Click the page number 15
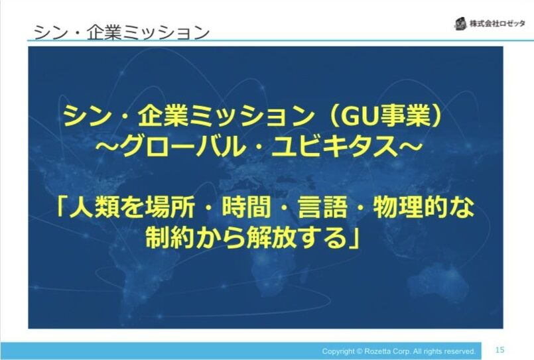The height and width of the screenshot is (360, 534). pyautogui.click(x=500, y=349)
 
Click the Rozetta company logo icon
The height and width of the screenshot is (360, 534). pyautogui.click(x=460, y=23)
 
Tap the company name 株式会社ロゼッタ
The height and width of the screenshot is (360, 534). pyautogui.click(x=498, y=24)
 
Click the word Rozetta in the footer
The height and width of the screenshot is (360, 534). pyautogui.click(x=375, y=351)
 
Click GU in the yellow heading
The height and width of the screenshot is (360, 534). pyautogui.click(x=353, y=116)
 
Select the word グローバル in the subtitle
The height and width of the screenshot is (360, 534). pyautogui.click(x=187, y=147)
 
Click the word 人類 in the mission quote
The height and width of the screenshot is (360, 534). pyautogui.click(x=93, y=208)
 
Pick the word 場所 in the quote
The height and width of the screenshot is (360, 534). pyautogui.click(x=169, y=208)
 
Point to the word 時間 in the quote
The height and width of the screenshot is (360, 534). pyautogui.click(x=245, y=208)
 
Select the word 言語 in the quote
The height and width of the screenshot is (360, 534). pyautogui.click(x=322, y=208)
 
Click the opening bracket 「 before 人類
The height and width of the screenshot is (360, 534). pyautogui.click(x=61, y=206)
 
